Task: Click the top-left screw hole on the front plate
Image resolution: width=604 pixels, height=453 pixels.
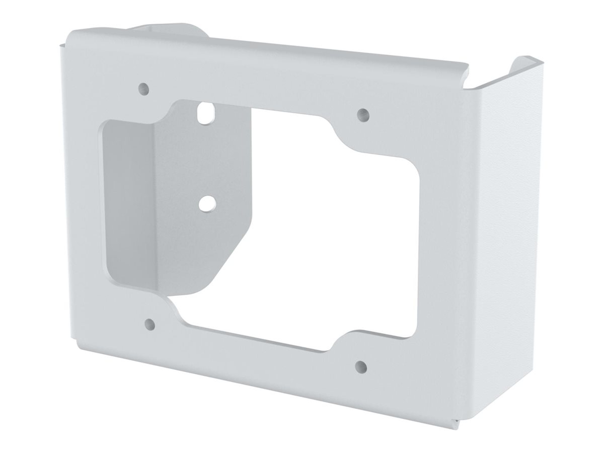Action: coord(144,88)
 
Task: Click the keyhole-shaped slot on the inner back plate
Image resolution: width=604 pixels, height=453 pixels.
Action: coord(204,113)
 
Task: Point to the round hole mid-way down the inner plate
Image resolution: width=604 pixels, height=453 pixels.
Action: coord(205,203)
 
